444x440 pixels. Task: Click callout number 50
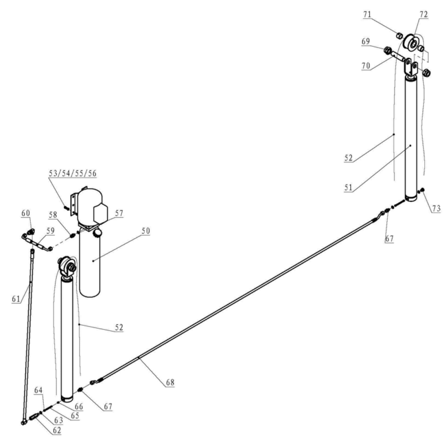(x=146, y=231)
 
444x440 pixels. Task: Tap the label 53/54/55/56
(x=72, y=173)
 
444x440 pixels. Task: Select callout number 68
(x=170, y=382)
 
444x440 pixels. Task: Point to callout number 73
(x=436, y=209)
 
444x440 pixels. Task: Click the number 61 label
(x=16, y=299)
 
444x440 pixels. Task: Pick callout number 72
(x=423, y=14)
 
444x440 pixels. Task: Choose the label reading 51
(x=348, y=187)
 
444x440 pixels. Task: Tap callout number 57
(x=119, y=213)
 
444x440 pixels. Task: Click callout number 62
(x=57, y=431)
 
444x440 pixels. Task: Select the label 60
(x=26, y=213)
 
